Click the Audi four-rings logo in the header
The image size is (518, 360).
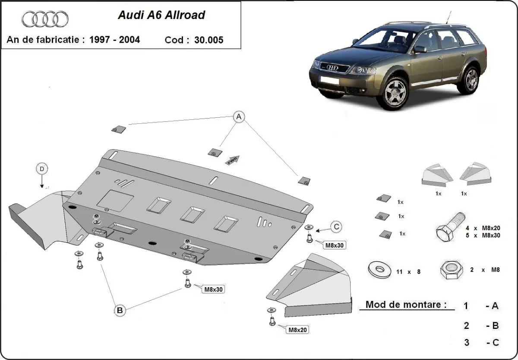click(x=45, y=19)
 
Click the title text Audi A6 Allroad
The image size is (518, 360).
click(x=161, y=15)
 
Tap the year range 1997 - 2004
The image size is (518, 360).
click(x=114, y=40)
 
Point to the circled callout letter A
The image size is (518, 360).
click(x=239, y=116)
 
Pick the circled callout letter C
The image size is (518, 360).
click(x=337, y=226)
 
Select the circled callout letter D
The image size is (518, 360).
click(x=42, y=169)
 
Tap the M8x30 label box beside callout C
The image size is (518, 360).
click(x=335, y=245)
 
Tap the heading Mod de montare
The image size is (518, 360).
click(x=406, y=304)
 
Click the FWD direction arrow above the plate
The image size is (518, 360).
click(x=232, y=160)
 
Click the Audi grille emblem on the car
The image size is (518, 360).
click(x=332, y=67)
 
